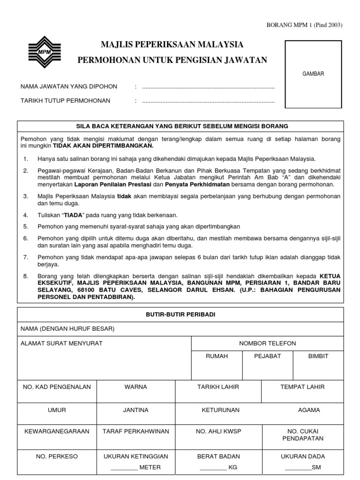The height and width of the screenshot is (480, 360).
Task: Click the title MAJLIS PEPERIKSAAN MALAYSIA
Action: point(172,45)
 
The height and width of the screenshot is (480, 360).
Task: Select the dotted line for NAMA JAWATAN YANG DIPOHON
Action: point(208,87)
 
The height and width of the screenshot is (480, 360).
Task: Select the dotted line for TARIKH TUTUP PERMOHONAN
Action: point(208,101)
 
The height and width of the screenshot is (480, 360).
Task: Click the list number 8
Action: point(26,277)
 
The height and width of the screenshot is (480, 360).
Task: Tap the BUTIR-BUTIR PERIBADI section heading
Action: point(180,315)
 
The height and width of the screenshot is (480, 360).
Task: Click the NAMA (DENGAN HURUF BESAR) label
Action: point(67,329)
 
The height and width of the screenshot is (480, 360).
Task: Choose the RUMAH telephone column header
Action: point(217,356)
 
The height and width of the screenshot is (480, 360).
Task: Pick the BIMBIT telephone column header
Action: point(318,356)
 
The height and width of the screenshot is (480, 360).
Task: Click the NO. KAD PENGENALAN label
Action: point(57,387)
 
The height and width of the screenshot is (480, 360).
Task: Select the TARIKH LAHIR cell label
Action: point(218,387)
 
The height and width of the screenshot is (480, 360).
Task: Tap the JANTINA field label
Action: point(135,410)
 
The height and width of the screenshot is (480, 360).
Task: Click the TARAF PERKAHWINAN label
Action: point(136,431)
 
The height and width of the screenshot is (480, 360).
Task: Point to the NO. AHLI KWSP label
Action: point(218,431)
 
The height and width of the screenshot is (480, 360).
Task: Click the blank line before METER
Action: point(124,468)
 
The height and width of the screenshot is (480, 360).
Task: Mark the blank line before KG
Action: point(213,468)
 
